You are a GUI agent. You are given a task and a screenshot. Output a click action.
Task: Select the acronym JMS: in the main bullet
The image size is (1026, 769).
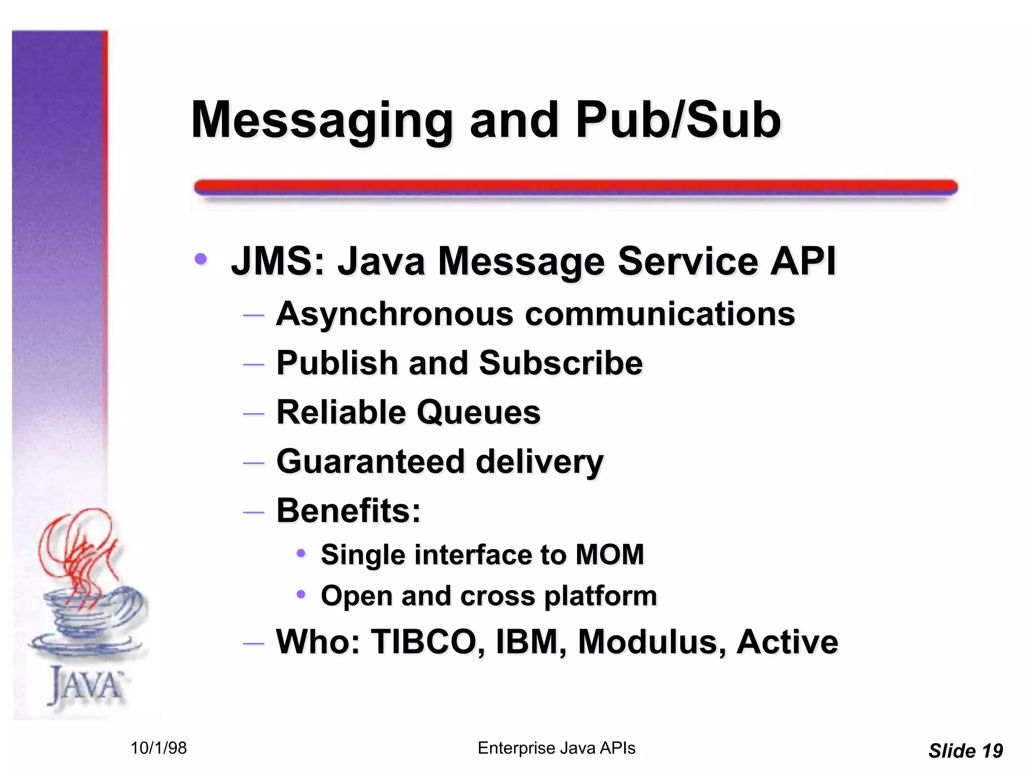pos(278,261)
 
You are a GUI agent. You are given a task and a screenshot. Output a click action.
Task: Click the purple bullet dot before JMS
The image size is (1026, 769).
pos(201,259)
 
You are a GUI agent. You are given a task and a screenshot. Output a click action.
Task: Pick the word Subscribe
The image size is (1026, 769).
pos(561,363)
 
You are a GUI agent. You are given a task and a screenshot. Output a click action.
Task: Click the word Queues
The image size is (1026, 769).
pos(478,413)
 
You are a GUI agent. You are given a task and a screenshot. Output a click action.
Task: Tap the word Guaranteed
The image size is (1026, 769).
pos(370,462)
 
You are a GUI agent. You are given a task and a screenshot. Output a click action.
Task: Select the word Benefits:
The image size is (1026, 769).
pos(349,511)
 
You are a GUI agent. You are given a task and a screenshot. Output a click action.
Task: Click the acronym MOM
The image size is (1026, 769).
pos(609,555)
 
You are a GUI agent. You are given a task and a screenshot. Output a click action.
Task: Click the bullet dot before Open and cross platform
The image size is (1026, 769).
pos(301,595)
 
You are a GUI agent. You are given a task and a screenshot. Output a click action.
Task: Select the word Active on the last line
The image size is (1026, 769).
pos(787,642)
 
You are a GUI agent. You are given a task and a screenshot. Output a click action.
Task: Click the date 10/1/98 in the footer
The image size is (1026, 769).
pos(158,748)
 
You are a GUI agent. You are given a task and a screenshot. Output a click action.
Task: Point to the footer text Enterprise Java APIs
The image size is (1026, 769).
pos(556,748)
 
